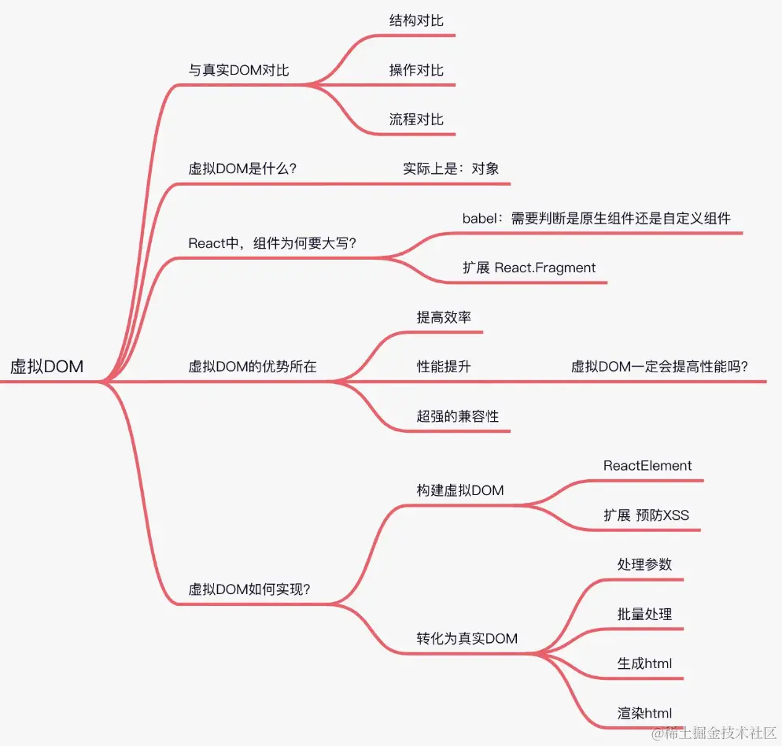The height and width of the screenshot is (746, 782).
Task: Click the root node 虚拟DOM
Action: point(46,366)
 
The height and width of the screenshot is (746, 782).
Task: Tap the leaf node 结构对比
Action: point(416,20)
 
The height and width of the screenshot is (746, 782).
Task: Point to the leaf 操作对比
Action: point(416,70)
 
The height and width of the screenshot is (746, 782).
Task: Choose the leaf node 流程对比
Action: point(416,120)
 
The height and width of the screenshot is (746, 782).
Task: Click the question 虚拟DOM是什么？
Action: point(242,168)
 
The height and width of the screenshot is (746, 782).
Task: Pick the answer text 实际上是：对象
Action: point(451,168)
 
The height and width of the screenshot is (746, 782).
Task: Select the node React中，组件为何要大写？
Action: point(272,242)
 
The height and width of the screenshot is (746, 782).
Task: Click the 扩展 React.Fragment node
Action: point(529,268)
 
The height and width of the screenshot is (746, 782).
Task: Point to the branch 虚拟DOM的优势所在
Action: point(253,366)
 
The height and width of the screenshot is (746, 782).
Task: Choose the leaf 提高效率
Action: point(444,317)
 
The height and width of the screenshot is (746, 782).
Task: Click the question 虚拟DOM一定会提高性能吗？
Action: point(659,366)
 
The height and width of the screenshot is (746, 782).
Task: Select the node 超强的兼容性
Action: point(458,415)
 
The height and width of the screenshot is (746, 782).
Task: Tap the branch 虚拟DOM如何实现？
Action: point(249,589)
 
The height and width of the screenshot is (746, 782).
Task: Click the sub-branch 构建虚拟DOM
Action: point(460,490)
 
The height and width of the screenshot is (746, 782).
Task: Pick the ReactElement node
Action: point(647,465)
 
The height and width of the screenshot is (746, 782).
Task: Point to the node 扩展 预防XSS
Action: point(646,515)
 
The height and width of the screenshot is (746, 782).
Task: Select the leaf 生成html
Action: point(644,663)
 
